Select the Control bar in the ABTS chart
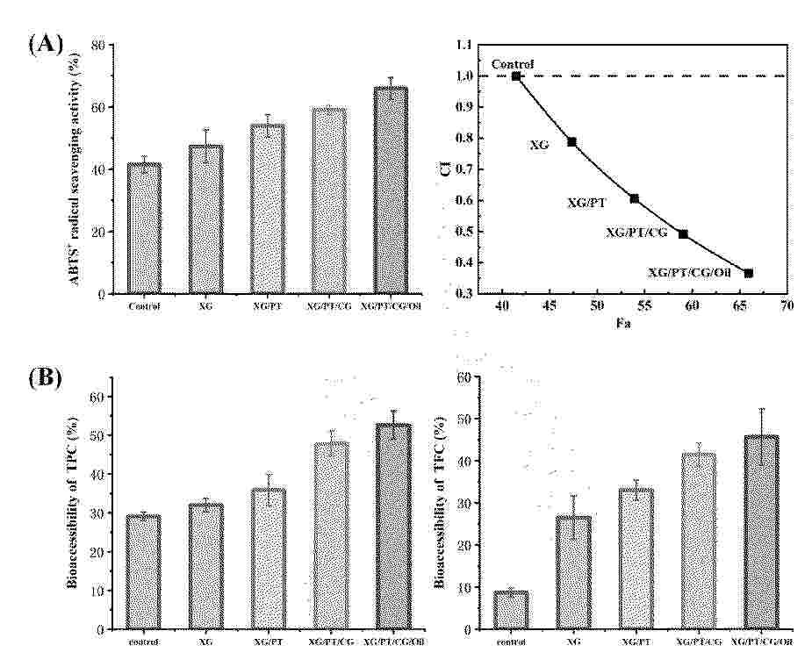[144, 228]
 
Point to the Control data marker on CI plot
[516, 76]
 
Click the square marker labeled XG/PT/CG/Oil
[749, 273]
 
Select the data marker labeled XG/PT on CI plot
[634, 198]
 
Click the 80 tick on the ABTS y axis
[111, 45]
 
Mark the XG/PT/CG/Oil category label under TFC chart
[761, 642]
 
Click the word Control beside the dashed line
[513, 63]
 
